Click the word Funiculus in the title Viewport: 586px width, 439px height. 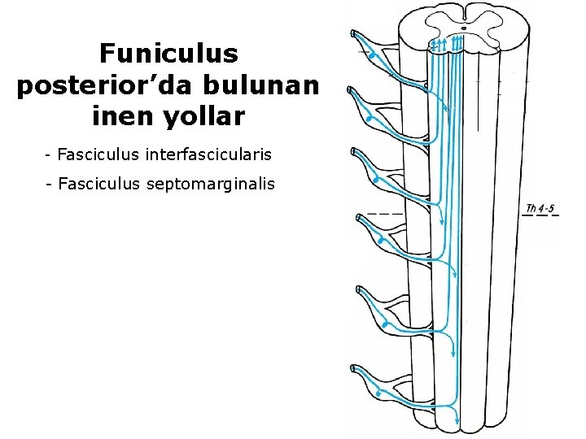[x=168, y=54]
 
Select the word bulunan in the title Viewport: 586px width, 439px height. [x=266, y=85]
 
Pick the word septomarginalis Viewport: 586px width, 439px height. [x=212, y=185]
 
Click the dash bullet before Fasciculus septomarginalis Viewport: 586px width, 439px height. [x=50, y=185]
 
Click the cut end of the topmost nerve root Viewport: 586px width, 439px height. [x=352, y=33]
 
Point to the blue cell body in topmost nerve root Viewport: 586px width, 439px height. [x=370, y=55]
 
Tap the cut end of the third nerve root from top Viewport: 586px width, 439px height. [x=352, y=152]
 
